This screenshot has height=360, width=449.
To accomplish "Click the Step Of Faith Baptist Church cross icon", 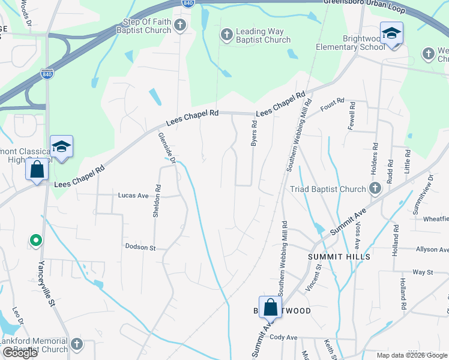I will [x=179, y=25].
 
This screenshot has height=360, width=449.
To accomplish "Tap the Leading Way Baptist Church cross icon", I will [x=226, y=35].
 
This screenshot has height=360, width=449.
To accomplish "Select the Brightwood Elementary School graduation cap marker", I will [x=391, y=33].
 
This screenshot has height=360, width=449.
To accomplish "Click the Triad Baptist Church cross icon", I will [x=375, y=189].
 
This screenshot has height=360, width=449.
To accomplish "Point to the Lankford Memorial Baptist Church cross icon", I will [x=76, y=344].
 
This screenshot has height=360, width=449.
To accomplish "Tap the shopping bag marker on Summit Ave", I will [x=270, y=308].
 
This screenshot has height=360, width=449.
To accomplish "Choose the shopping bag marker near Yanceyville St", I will [x=37, y=170].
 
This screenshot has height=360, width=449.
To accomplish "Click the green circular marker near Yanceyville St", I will [x=35, y=241].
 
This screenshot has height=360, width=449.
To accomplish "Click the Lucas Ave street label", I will [x=133, y=196].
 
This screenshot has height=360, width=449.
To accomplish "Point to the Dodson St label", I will [x=140, y=247].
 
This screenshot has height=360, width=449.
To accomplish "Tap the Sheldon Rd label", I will [x=157, y=200].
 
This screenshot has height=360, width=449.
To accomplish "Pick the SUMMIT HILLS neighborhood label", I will [x=339, y=256].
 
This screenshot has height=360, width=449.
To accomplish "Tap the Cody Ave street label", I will [x=284, y=338].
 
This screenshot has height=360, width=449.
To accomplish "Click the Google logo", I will [x=20, y=353].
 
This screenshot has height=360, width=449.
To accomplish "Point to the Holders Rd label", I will [x=375, y=154].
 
